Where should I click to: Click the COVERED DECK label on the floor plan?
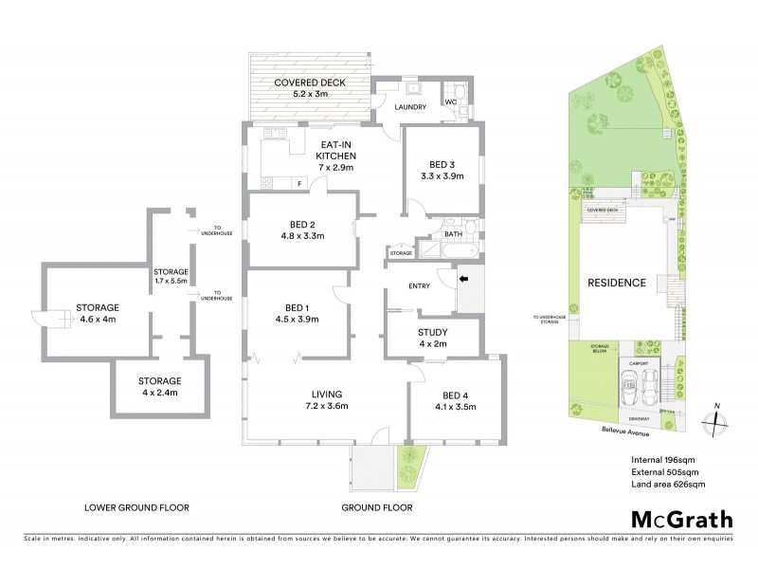pyautogui.click(x=310, y=83)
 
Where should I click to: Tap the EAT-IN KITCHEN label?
pyautogui.click(x=335, y=155)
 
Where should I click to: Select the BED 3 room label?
pyautogui.click(x=442, y=163)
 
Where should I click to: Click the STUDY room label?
pyautogui.click(x=433, y=332)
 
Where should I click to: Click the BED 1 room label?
pyautogui.click(x=297, y=306)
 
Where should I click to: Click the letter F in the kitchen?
pyautogui.click(x=299, y=183)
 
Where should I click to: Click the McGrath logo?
pyautogui.click(x=681, y=519)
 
